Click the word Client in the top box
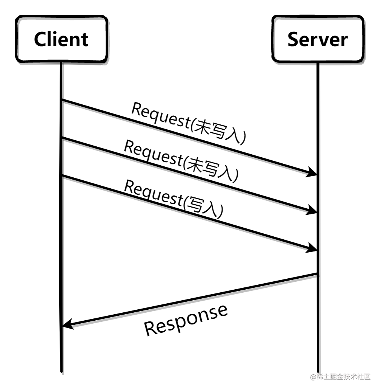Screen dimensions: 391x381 [x=61, y=39]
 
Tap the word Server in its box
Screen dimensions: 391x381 [x=317, y=39]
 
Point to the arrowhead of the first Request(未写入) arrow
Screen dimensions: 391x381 [x=312, y=173]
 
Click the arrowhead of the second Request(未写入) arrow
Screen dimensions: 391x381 [x=312, y=211]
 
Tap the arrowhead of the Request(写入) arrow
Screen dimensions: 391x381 [x=312, y=248]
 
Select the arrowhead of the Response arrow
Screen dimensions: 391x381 [x=67, y=324]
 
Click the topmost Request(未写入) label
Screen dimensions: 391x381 [x=189, y=123]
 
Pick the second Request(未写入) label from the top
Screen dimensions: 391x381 [x=181, y=161]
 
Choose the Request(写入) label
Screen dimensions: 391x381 [x=174, y=199]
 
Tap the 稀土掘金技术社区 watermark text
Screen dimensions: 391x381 [x=344, y=377]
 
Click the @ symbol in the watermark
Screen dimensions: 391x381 [x=313, y=377]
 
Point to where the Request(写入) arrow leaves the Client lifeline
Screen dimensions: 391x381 [x=62, y=176]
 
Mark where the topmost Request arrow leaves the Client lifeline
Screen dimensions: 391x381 [x=62, y=100]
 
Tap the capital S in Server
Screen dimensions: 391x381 [x=293, y=39]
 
